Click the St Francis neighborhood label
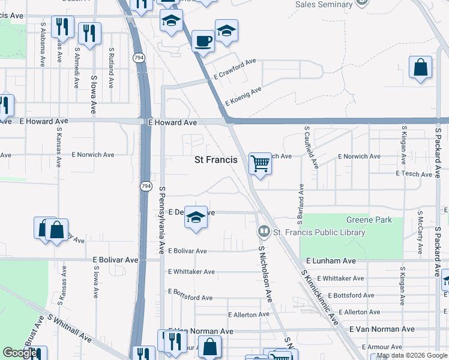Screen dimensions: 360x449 click(x=216, y=160)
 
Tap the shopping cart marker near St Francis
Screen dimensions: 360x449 click(x=260, y=163)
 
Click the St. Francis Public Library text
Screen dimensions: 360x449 click(x=319, y=232)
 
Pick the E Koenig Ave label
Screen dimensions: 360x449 click(x=243, y=97)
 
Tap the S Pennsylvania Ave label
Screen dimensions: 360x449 click(x=161, y=220)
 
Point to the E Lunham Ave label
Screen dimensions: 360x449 click(x=331, y=261)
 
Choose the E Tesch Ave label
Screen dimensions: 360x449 click(x=414, y=174)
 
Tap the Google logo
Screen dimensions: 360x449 click(x=20, y=353)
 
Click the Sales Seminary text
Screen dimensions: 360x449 click(x=324, y=4)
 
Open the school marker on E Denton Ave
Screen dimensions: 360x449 click(x=196, y=217)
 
